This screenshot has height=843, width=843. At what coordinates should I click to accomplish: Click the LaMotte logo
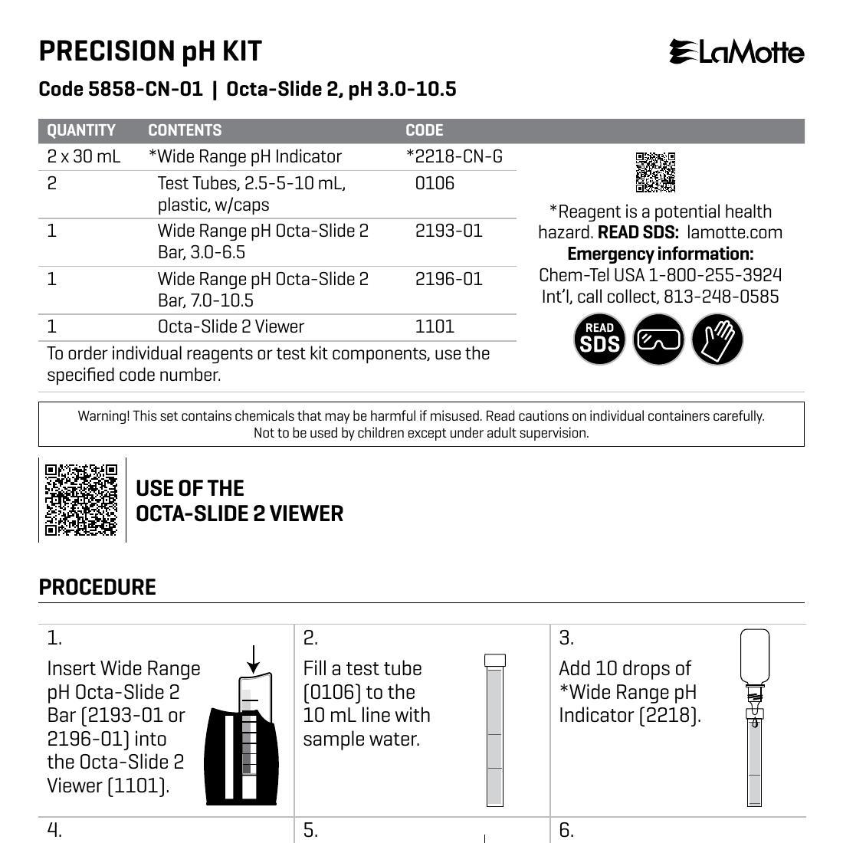point(736,52)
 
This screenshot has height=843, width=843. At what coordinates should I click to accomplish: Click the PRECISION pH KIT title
point(150,51)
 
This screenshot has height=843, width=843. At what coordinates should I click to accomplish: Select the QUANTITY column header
point(81,130)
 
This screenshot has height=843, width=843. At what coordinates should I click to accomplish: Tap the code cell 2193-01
point(448,231)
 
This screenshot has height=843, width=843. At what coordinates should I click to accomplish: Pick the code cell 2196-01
point(448,279)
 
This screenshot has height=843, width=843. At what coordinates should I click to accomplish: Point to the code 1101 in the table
point(435,326)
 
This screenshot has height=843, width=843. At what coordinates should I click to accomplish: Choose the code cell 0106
point(435,183)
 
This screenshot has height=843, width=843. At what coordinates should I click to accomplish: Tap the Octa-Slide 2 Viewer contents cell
point(231,326)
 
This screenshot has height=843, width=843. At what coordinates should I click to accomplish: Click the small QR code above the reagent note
point(655,172)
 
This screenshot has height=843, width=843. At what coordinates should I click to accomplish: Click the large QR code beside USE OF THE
point(81,500)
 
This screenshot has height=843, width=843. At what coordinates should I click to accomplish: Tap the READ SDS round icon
point(599,339)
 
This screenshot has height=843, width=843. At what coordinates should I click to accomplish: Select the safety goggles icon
point(658,339)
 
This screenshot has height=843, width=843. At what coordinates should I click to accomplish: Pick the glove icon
point(717,339)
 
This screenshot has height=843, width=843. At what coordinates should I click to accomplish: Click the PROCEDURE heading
point(97,588)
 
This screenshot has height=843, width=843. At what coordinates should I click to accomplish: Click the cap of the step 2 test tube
point(495,660)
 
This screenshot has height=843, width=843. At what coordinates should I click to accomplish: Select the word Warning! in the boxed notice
point(103,416)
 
